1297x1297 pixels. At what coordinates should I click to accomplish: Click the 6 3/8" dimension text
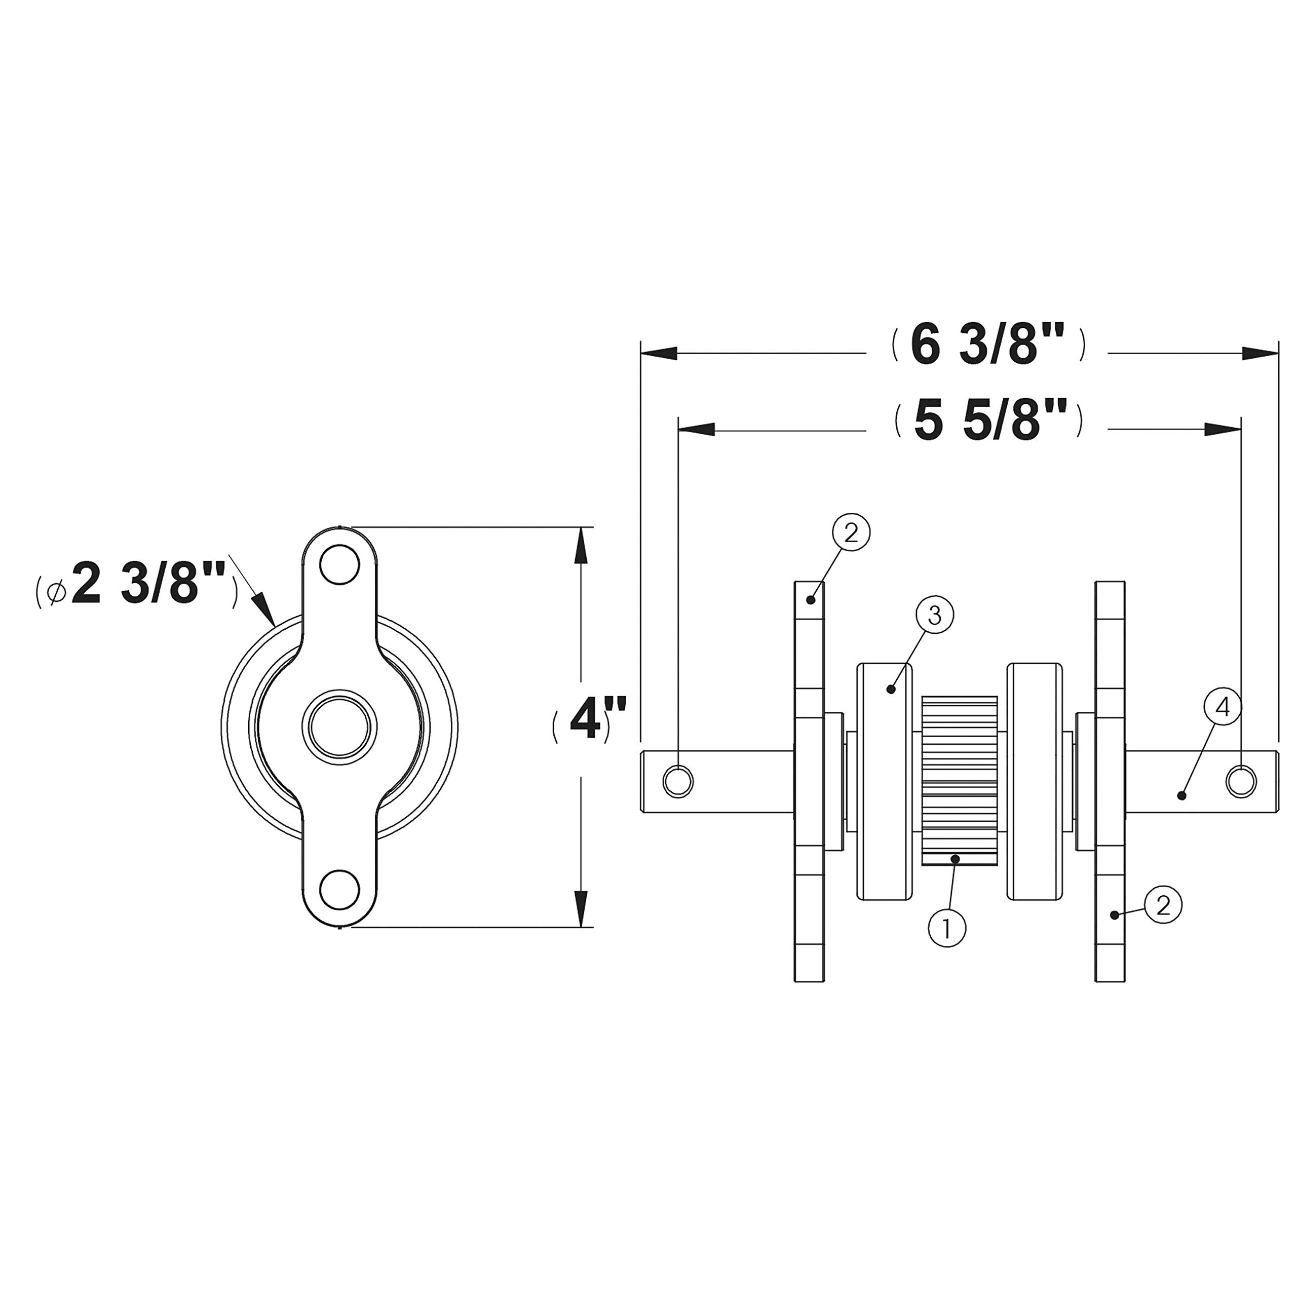coord(987,347)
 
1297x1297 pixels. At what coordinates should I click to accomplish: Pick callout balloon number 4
coord(1223,706)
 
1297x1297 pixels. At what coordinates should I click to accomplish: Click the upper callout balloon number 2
coord(851,533)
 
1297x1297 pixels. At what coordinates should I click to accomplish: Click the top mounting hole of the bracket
coord(339,566)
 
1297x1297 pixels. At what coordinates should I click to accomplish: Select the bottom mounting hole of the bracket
coord(339,890)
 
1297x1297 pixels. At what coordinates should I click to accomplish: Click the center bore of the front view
coord(339,727)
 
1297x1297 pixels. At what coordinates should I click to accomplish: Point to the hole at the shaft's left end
coord(678,781)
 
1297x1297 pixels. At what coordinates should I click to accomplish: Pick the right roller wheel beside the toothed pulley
coord(1035,782)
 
